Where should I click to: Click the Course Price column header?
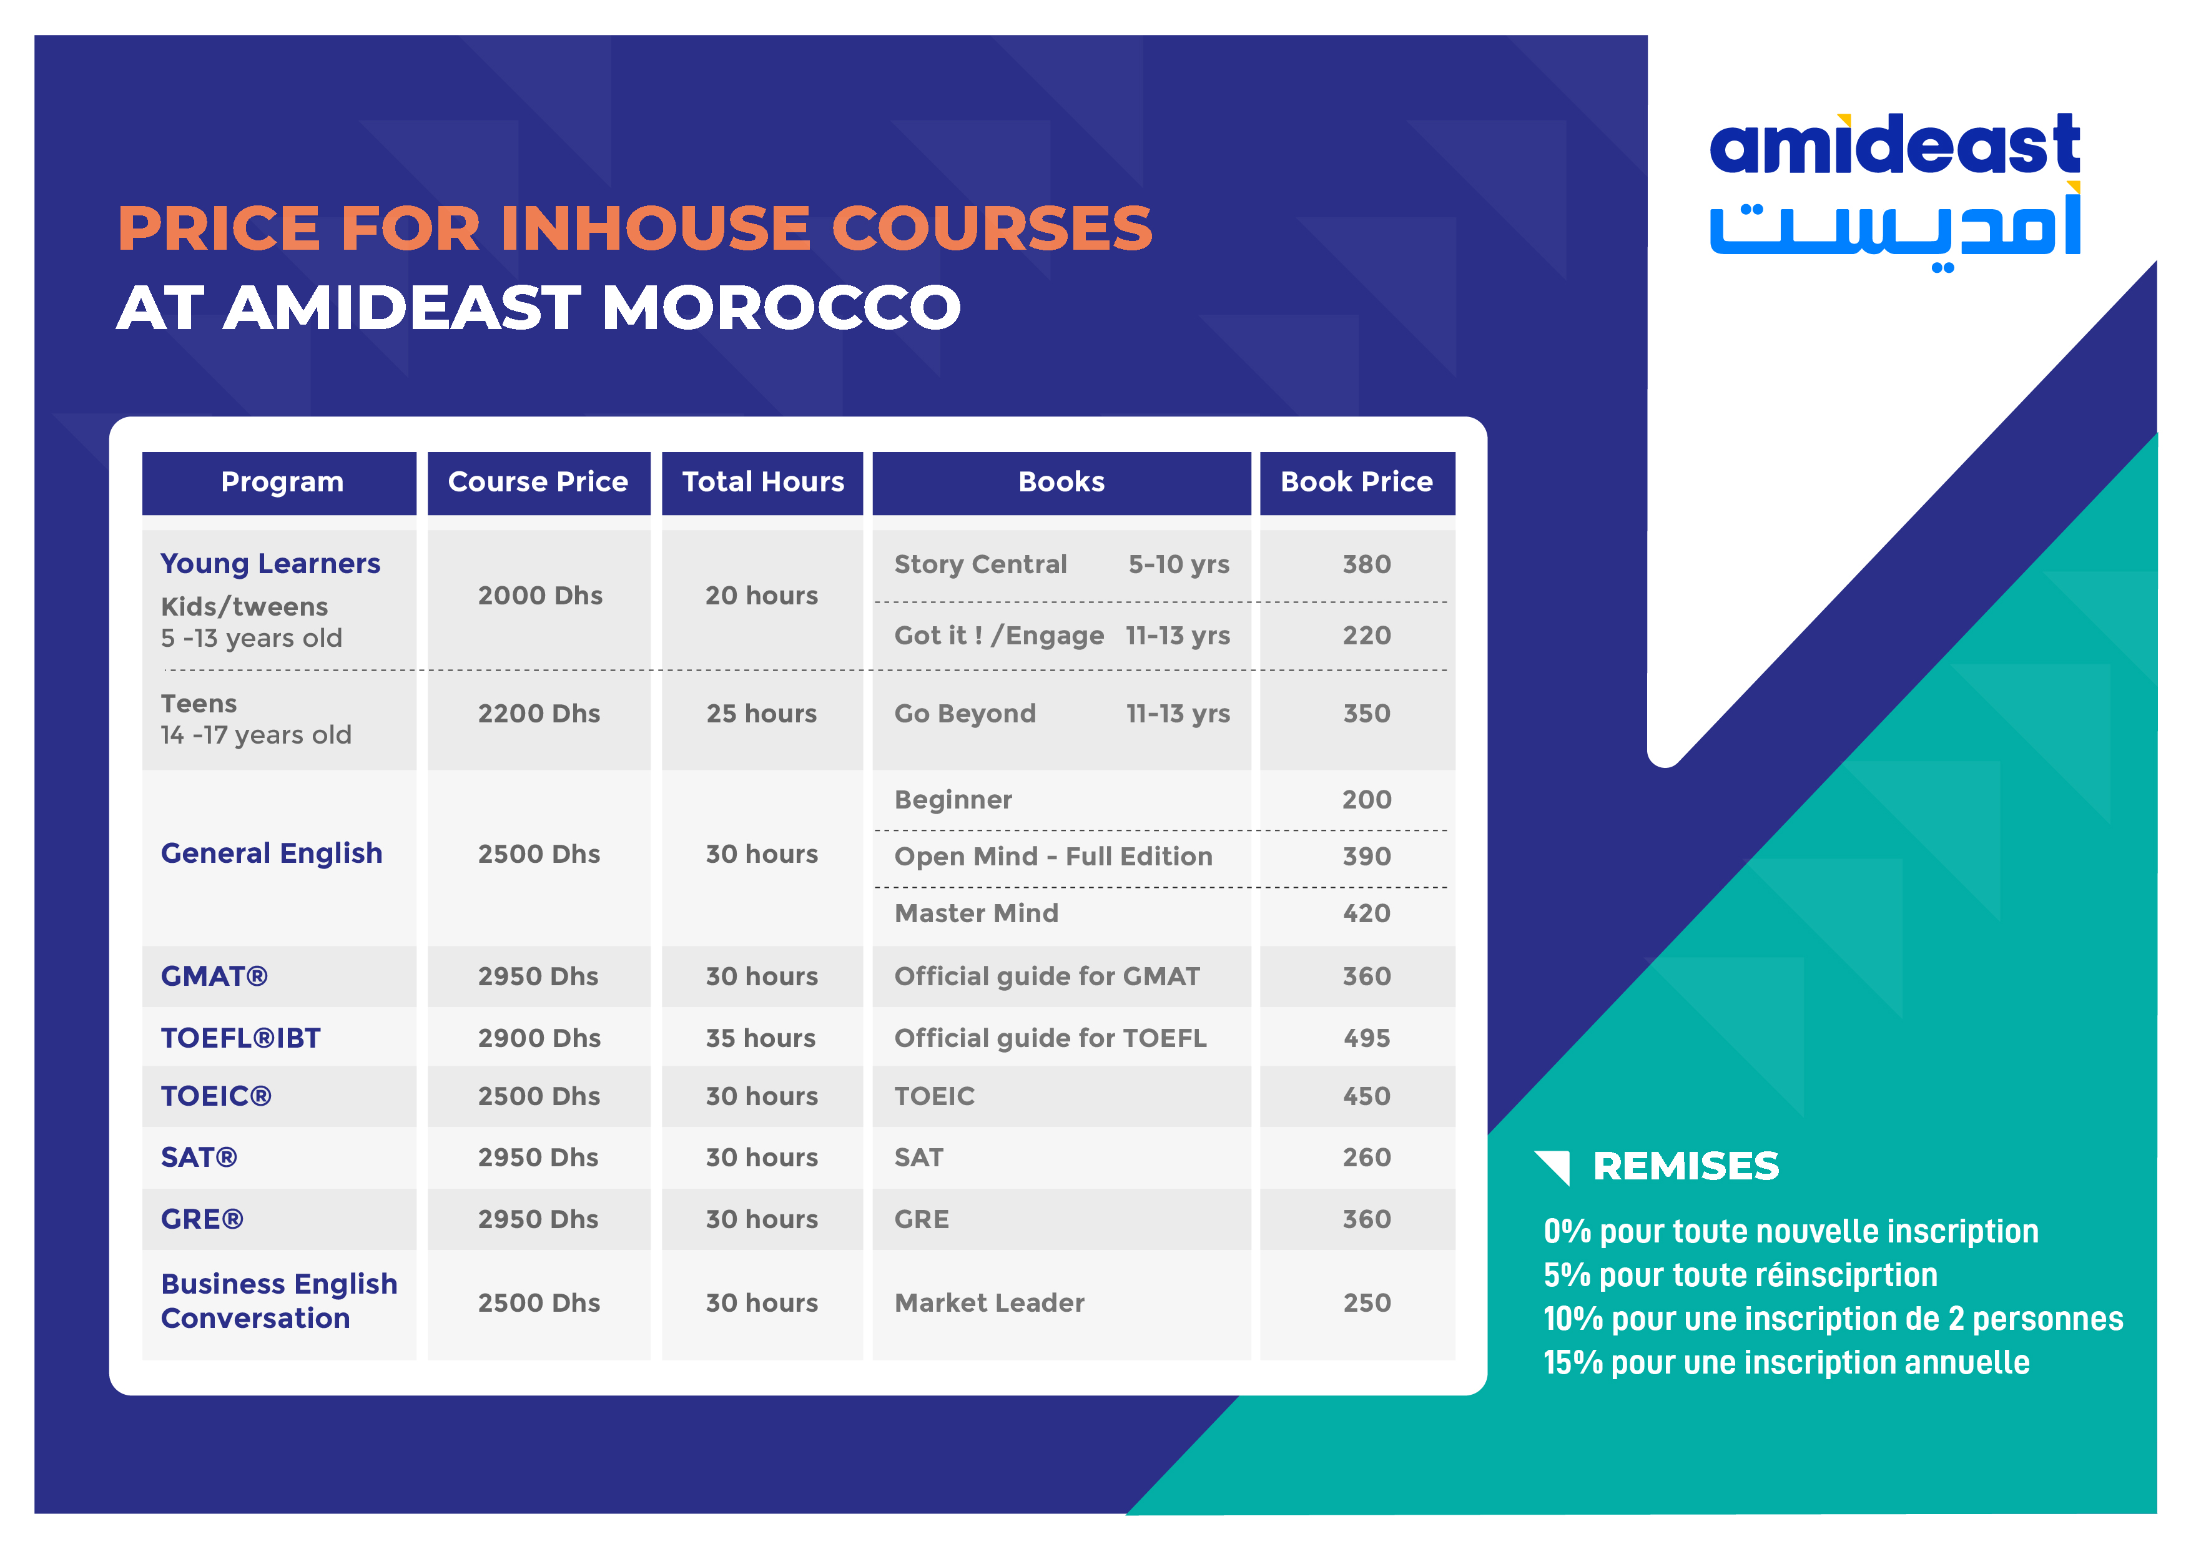coord(538,482)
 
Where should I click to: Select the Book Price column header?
coord(1356,482)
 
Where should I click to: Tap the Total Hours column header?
coord(762,482)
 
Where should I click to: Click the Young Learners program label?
coord(270,563)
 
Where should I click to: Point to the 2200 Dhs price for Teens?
coord(539,714)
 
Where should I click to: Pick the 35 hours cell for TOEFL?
coord(761,1038)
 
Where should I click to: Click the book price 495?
coord(1367,1038)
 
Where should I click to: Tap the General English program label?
coord(271,853)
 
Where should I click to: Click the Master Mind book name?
coord(976,913)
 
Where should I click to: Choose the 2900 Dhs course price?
coord(539,1038)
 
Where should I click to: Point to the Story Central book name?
coord(980,564)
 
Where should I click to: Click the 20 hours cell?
coord(762,596)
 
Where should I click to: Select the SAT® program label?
coord(199,1158)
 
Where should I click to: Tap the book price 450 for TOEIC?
coord(1367,1096)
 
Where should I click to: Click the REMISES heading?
coord(1685,1166)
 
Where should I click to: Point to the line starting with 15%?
coord(1785,1363)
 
